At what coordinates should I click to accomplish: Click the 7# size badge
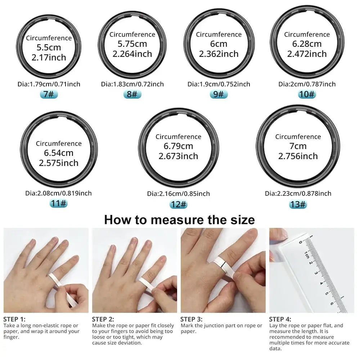49,94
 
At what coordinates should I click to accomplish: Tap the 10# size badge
307,94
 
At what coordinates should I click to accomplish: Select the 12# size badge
179,204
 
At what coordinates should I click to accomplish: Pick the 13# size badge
298,204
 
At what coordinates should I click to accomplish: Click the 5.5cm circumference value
49,48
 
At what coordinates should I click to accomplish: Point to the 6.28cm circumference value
307,44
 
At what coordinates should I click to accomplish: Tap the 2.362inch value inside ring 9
219,54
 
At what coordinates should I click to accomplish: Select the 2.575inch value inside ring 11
59,163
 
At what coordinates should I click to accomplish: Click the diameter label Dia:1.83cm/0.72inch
132,84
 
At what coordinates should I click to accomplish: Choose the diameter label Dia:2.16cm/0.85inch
179,194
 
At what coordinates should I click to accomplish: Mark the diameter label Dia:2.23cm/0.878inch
298,193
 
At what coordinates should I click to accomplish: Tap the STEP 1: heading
14,319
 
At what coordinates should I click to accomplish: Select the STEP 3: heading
191,319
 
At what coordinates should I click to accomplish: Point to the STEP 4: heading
280,319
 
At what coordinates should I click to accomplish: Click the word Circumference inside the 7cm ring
298,137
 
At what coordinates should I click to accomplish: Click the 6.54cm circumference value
59,153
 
